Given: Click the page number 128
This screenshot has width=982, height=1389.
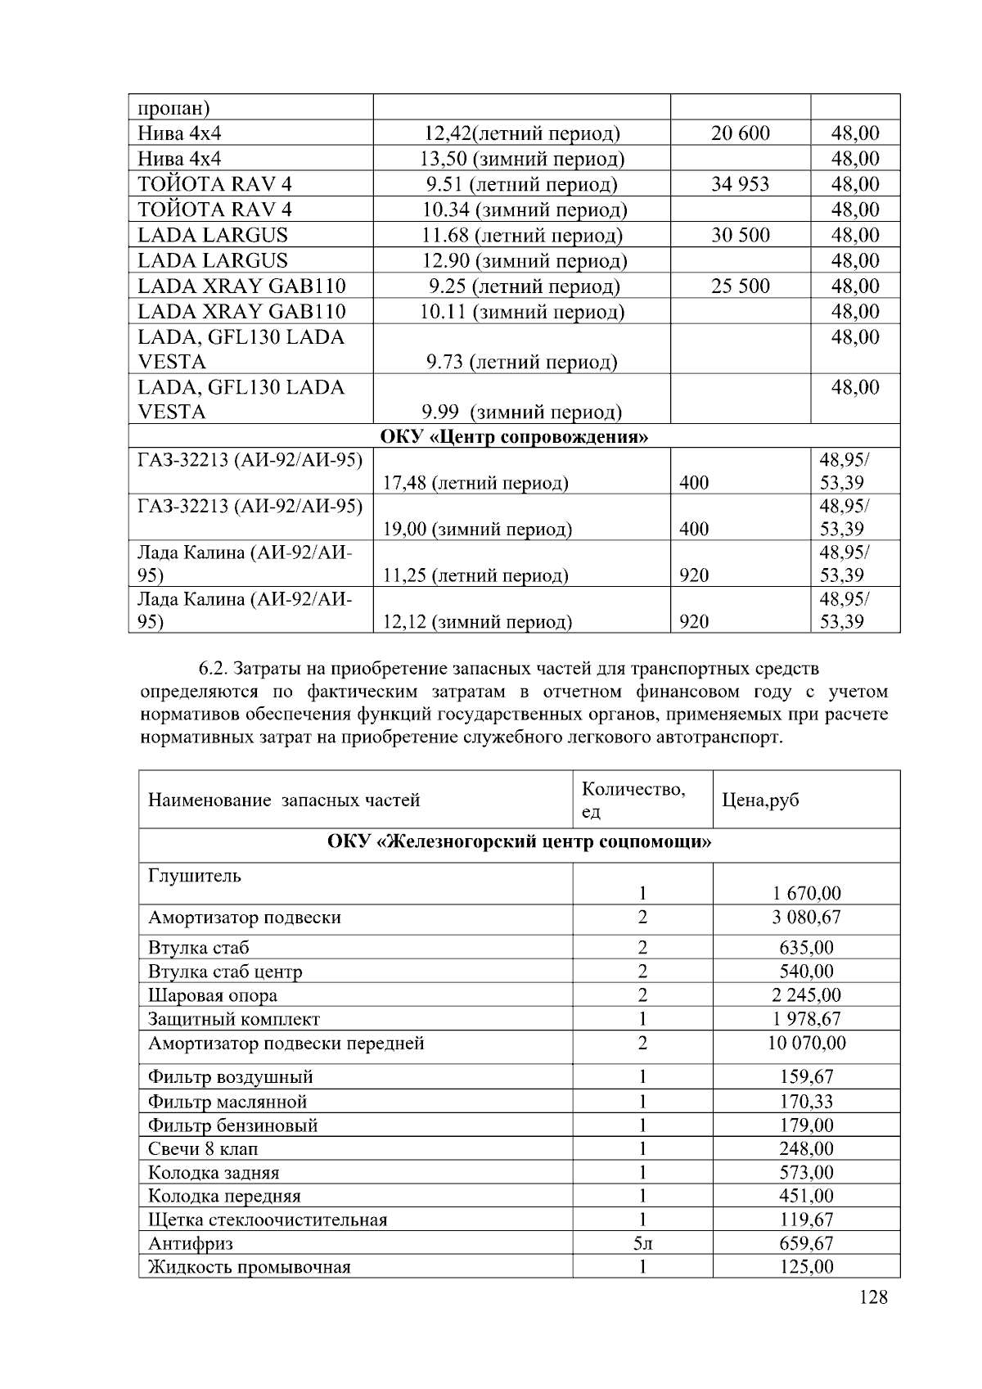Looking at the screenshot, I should click(x=873, y=1297).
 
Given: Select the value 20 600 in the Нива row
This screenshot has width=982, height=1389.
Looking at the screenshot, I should click(x=740, y=133).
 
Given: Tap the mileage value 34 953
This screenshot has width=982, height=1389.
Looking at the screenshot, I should click(x=740, y=184).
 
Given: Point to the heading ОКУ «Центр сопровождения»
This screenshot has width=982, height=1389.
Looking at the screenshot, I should click(x=514, y=436).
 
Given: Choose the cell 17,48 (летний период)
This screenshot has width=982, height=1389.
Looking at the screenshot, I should click(x=475, y=483).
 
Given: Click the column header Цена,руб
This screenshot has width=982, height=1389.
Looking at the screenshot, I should click(x=759, y=800).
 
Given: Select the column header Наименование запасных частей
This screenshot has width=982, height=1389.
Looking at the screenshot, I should click(x=284, y=800).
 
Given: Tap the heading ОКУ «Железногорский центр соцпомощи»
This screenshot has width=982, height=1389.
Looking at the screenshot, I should click(x=519, y=842).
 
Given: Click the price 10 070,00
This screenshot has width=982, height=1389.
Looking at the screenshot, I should click(x=806, y=1044).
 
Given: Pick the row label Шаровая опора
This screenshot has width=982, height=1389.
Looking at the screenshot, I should click(x=213, y=996).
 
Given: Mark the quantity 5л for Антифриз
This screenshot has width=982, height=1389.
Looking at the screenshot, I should click(x=642, y=1244).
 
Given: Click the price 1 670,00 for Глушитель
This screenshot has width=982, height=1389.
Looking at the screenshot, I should click(x=806, y=894).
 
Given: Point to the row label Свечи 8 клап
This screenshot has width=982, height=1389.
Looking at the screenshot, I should click(x=203, y=1149).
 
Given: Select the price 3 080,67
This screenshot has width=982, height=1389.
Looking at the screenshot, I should click(x=806, y=918).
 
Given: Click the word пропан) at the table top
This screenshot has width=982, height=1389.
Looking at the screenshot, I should click(x=173, y=108).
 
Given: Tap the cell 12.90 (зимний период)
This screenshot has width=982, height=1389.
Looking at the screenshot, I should click(x=524, y=261).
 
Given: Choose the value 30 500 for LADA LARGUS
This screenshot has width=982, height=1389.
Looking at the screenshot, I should click(x=740, y=236).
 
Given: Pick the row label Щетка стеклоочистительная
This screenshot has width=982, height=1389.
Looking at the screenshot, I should click(x=268, y=1220).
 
